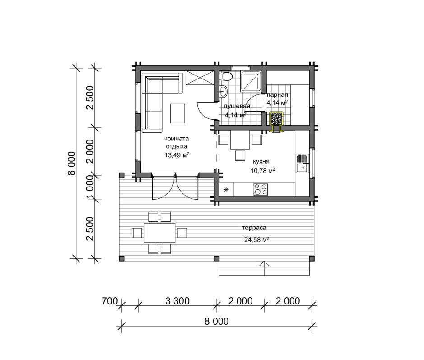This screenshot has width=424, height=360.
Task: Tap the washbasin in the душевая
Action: point(223,91)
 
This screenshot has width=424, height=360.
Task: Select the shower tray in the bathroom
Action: point(251,81)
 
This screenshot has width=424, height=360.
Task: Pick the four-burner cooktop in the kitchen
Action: point(261,189)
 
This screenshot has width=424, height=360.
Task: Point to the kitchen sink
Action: point(303,164)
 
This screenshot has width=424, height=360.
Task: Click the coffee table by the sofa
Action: point(177,113)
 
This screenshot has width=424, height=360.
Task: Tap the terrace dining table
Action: point(159,233)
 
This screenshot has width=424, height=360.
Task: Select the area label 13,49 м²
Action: point(177,155)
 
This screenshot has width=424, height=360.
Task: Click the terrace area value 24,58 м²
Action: point(256,240)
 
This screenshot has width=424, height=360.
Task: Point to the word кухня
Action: point(261,161)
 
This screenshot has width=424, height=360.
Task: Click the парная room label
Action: point(277,95)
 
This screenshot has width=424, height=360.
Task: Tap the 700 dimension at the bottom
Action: point(110,301)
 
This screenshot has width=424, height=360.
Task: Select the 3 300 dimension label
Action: point(177,301)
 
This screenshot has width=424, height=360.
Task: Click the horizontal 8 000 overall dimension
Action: point(216,321)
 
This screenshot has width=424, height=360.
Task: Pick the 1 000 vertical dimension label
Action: point(90,187)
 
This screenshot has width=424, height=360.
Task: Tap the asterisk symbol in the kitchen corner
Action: point(226,190)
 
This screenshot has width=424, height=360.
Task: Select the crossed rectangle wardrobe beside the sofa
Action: point(200,78)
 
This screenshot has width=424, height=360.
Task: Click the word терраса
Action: point(254,228)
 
